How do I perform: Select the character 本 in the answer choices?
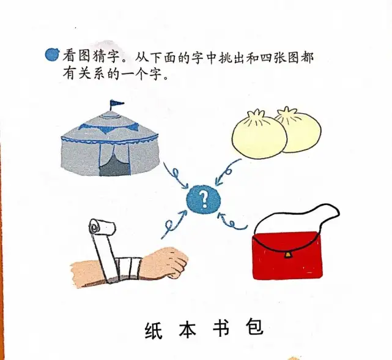pos(188,328)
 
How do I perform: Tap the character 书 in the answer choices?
pos(221,327)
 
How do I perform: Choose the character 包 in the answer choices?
pos(255,326)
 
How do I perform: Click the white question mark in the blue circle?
pos(204,200)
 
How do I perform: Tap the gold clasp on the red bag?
pos(288,255)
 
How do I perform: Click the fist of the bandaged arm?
pos(168,261)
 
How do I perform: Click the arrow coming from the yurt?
pos(176,174)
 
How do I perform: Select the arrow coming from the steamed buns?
pos(227,172)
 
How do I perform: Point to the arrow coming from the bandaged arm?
pos(173,224)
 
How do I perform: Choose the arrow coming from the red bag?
pos(232,222)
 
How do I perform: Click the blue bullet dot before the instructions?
pos(52,54)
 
